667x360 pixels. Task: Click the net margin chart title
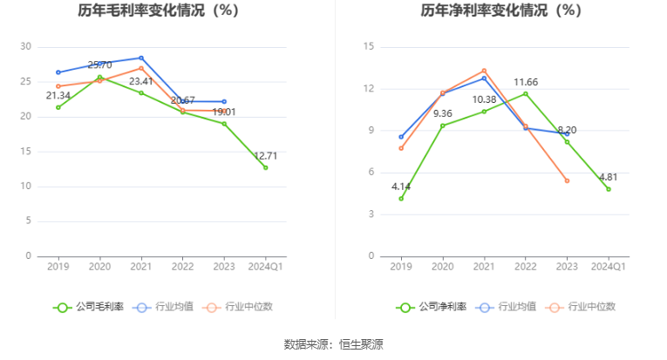tap(500, 11)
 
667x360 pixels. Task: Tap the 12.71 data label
tap(266, 156)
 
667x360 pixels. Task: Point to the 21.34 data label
tap(58, 96)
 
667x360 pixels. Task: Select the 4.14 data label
tap(401, 187)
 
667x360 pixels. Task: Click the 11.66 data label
tap(525, 83)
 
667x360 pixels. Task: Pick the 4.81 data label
tap(608, 177)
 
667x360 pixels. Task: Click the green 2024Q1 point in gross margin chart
tap(266, 167)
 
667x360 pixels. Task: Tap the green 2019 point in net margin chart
tap(401, 198)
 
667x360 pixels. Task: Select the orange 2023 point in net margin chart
tap(567, 180)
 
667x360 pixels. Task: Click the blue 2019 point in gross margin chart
tap(58, 72)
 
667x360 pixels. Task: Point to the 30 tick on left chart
tap(25, 46)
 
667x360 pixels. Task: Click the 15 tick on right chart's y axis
tap(369, 46)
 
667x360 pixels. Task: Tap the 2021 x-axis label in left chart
tap(141, 266)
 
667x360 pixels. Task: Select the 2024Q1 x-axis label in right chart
tap(608, 266)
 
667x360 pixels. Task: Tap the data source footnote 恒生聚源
tap(334, 344)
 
